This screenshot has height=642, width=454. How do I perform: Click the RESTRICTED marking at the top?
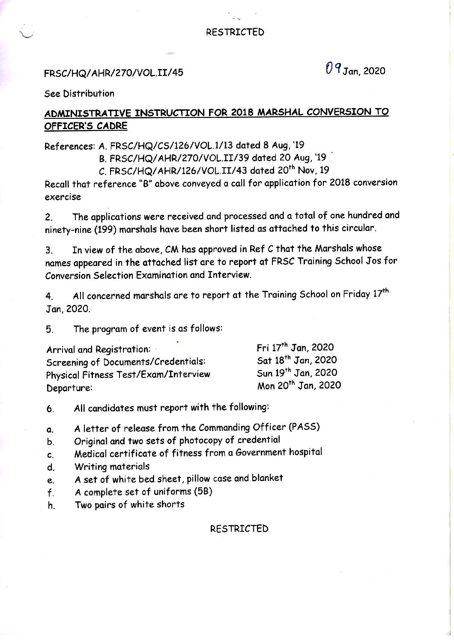click(x=235, y=32)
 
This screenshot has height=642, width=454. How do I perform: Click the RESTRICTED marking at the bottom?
click(x=239, y=528)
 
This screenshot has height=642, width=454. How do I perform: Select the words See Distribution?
click(x=80, y=93)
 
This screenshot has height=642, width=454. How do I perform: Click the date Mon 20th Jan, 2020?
click(x=299, y=385)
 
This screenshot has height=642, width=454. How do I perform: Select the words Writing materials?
click(x=112, y=466)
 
